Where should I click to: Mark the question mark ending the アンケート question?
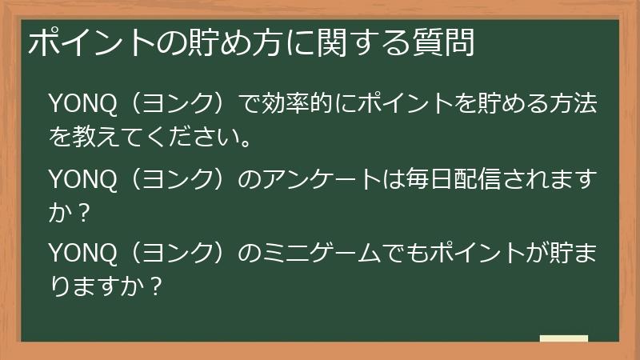(x=86, y=214)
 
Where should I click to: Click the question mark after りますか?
(x=157, y=287)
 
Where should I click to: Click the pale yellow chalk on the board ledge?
(x=563, y=338)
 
